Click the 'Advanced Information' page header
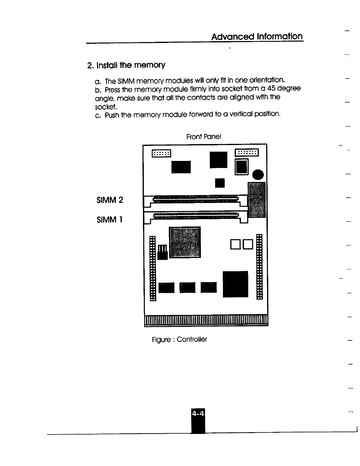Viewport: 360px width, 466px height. tap(257, 36)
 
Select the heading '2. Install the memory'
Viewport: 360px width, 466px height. tap(126, 65)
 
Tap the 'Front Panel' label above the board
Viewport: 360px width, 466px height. tap(204, 137)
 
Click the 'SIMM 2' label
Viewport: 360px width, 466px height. tap(110, 200)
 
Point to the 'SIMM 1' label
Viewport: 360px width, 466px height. tap(109, 219)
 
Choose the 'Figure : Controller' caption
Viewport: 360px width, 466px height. tap(179, 339)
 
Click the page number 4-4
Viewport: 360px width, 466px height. tap(198, 414)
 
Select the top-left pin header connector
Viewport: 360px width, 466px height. tap(161, 153)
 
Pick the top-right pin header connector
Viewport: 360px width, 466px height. tap(246, 152)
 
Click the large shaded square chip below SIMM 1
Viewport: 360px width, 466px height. tap(185, 242)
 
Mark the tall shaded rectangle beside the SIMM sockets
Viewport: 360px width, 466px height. tap(257, 200)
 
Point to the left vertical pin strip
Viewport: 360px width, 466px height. tap(152, 268)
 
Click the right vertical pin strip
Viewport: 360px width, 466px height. tap(259, 267)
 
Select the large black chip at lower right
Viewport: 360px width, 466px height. tap(235, 284)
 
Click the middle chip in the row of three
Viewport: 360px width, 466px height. tap(187, 287)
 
